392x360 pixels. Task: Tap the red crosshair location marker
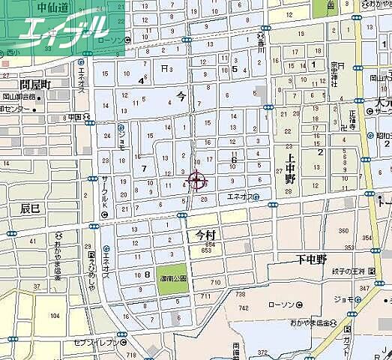[x=197, y=181]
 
